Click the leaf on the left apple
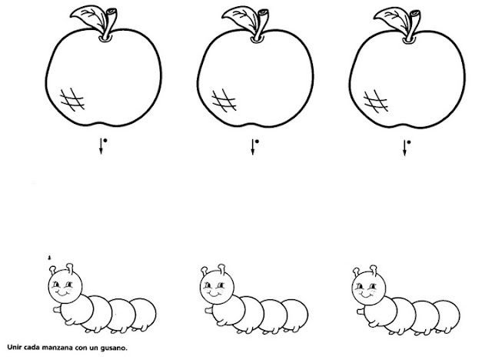(89, 16)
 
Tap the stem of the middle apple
(261, 25)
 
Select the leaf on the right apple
(392, 17)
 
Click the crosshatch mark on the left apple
(72, 99)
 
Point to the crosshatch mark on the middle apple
(224, 101)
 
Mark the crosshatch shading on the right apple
(376, 101)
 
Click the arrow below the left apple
(101, 146)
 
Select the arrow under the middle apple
(253, 147)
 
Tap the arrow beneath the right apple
(404, 148)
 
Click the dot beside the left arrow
(105, 140)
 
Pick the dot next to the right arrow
(409, 142)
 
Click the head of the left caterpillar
(65, 285)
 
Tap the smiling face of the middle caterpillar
(217, 286)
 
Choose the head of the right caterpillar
(369, 287)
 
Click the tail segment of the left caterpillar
(144, 314)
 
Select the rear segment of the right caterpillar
(447, 315)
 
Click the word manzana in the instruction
(57, 348)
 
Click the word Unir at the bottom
(14, 348)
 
